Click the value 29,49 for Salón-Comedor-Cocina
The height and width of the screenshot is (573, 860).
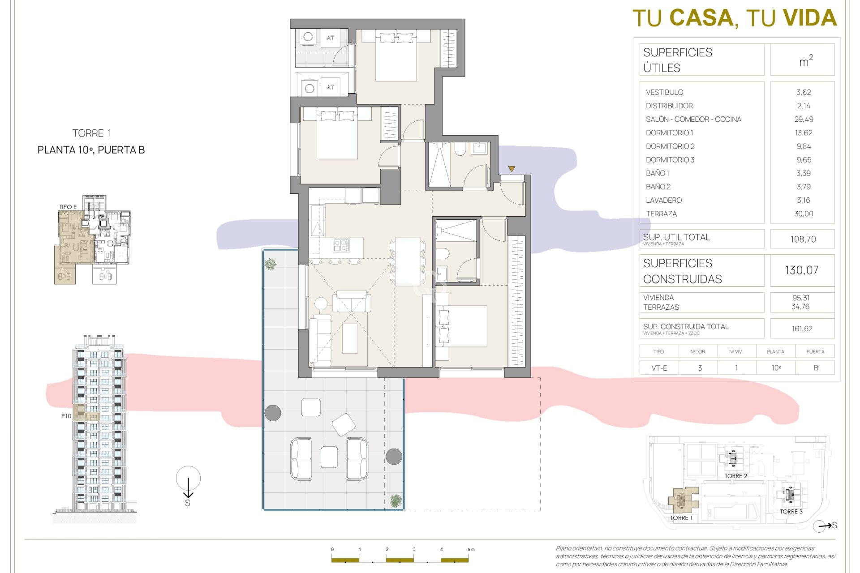tap(804, 119)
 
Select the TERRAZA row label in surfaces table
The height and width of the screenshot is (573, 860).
tap(661, 214)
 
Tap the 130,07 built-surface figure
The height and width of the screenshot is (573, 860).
tap(801, 270)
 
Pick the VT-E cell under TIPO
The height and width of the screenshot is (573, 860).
tap(659, 368)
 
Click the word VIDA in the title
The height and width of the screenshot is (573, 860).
tap(810, 18)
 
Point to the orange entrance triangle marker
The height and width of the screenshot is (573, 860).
tap(512, 169)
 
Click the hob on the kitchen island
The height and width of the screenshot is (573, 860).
tap(341, 245)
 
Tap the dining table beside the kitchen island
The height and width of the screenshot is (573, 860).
tap(407, 261)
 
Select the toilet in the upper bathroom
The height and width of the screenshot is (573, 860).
tap(460, 149)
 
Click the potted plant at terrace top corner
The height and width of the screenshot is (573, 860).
tap(270, 264)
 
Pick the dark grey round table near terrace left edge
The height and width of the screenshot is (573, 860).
tap(272, 413)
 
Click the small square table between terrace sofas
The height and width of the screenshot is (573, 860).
tap(329, 457)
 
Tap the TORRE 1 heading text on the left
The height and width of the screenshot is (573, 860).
tap(91, 133)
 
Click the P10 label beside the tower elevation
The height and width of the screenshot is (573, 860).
tap(66, 416)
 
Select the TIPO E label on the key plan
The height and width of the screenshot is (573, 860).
tap(68, 207)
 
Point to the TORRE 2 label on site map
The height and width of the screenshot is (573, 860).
tap(735, 476)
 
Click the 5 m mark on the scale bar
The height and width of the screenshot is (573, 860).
tap(470, 549)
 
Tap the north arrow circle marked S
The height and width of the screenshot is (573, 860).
tap(188, 479)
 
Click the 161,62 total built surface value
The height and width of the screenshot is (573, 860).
tap(802, 329)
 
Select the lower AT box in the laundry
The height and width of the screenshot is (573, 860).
tap(330, 87)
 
